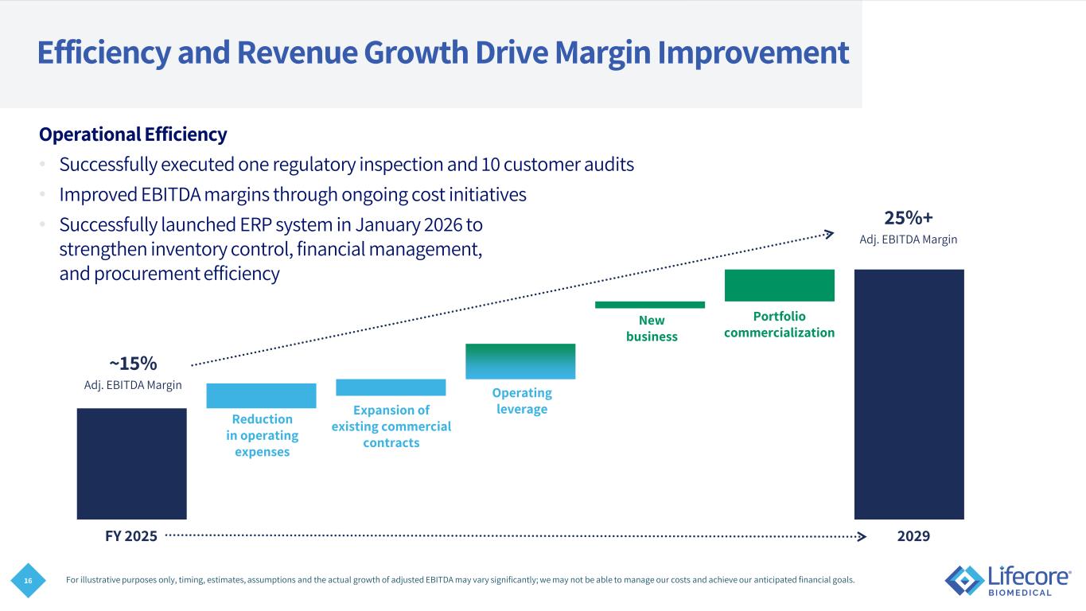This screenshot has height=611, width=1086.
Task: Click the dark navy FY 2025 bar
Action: [x=131, y=463]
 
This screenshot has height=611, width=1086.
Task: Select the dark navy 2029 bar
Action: [x=909, y=394]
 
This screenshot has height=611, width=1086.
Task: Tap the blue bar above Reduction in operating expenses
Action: [x=261, y=395]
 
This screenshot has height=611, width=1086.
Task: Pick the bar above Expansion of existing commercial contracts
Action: [x=391, y=387]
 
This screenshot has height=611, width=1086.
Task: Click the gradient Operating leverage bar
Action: [x=520, y=361]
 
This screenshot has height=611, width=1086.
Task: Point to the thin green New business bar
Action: [x=649, y=305]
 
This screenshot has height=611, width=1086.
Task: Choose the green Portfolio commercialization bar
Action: [x=779, y=286]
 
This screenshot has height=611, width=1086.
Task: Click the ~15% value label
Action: [x=133, y=364]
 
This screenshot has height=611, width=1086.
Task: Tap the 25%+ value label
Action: [x=909, y=218]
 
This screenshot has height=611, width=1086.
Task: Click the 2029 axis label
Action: [x=913, y=536]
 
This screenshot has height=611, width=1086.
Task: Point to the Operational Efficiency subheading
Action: [x=133, y=134]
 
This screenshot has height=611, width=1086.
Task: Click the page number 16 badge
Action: [x=28, y=582]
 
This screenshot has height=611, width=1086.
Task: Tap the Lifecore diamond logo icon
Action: [x=963, y=580]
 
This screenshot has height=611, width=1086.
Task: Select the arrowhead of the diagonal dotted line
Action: [x=829, y=232]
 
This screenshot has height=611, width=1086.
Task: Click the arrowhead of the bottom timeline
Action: [x=862, y=536]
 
